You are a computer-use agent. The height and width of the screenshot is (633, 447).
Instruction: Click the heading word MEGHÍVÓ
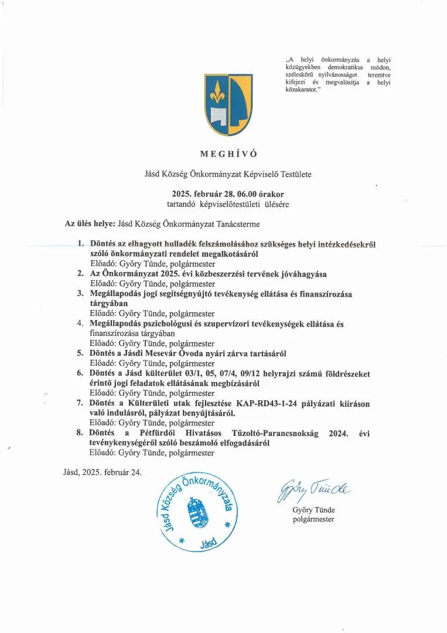coord(220,154)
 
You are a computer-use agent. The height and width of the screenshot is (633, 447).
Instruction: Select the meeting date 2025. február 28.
coord(203,193)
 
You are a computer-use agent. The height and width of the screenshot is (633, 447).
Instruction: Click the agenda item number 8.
coord(81,433)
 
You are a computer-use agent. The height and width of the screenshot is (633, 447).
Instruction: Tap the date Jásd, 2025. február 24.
coord(102,472)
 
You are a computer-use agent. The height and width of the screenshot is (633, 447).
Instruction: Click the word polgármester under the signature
coord(313,519)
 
